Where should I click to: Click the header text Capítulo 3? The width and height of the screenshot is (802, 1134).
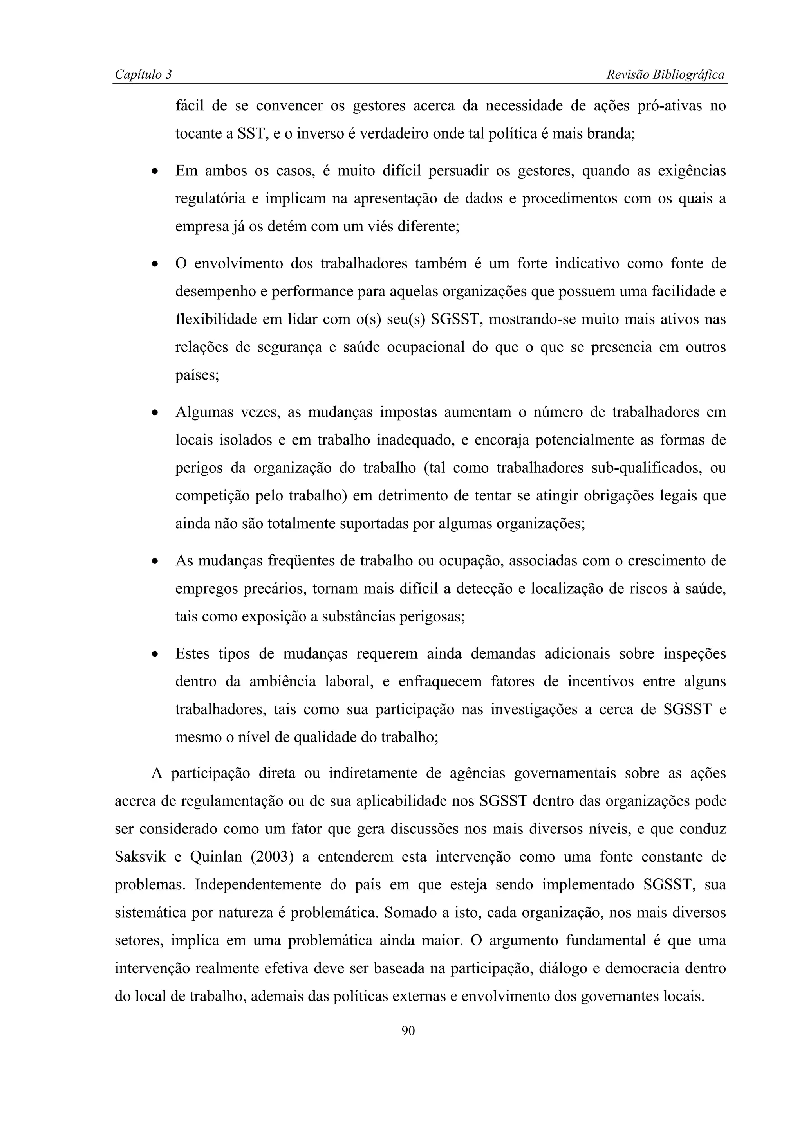[143, 75]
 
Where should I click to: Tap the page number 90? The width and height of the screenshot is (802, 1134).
[408, 1030]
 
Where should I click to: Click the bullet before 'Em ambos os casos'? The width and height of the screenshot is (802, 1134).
[155, 172]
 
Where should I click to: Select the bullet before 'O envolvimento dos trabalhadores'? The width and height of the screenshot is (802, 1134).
[155, 265]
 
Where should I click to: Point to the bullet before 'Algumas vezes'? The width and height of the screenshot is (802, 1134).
[155, 413]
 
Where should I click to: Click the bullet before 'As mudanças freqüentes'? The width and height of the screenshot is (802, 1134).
[155, 562]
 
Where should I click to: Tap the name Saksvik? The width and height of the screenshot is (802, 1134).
[140, 857]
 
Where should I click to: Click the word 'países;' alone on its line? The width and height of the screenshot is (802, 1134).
[197, 375]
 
